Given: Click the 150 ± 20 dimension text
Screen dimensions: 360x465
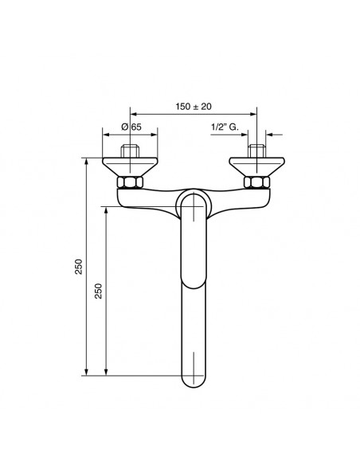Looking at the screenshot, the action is click(x=194, y=107).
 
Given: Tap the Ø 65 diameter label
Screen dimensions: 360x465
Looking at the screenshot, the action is click(x=131, y=127).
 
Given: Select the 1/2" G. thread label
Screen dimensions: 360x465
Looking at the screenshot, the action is click(x=225, y=127).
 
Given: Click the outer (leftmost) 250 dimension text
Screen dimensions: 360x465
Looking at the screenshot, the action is click(x=79, y=267).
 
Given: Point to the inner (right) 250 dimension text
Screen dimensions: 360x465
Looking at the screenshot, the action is click(x=98, y=291).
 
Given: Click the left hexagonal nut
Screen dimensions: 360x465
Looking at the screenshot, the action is click(x=130, y=182).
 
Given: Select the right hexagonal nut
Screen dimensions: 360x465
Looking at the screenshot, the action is click(x=256, y=182).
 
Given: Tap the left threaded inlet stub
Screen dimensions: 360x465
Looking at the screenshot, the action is click(x=130, y=150).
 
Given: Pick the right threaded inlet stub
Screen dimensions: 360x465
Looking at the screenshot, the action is click(x=256, y=150).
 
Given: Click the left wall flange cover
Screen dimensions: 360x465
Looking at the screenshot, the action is click(x=130, y=167).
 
